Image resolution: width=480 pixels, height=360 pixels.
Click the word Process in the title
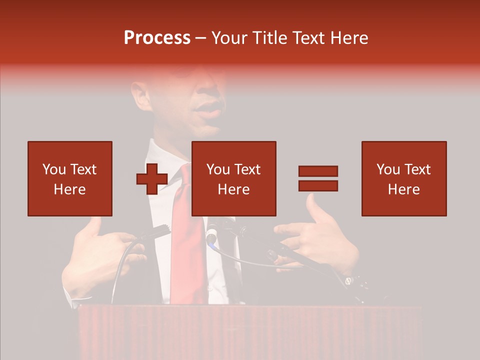(x=157, y=38)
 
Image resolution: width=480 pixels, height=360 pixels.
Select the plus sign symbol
(x=152, y=179)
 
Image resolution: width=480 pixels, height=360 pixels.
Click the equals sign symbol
(x=318, y=178)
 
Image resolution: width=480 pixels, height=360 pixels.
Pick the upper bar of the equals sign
(x=318, y=171)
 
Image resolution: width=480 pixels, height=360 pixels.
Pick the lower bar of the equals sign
(x=318, y=185)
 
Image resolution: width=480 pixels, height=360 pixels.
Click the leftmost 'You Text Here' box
(x=69, y=178)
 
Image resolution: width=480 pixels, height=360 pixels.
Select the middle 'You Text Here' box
(x=233, y=178)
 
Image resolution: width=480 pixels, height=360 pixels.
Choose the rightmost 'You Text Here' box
(x=403, y=178)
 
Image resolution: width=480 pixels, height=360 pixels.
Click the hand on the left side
(x=100, y=255)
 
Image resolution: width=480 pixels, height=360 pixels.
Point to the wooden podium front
(x=250, y=332)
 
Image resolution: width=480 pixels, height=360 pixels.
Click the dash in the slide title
(x=201, y=38)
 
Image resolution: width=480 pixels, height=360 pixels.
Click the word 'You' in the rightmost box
(x=388, y=169)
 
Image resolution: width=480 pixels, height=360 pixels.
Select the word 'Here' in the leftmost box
(x=69, y=189)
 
